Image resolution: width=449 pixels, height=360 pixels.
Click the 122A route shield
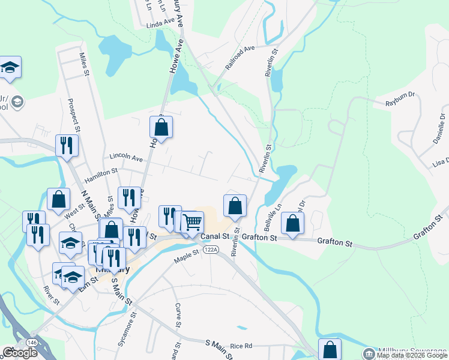point(210,250)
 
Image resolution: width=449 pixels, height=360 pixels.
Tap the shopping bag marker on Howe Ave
point(161,127)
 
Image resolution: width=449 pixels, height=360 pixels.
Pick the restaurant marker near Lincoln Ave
point(67,145)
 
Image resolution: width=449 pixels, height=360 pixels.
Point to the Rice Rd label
point(241,346)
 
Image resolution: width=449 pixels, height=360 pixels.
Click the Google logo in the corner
point(20,353)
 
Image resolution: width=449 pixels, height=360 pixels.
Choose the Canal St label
point(215,237)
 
